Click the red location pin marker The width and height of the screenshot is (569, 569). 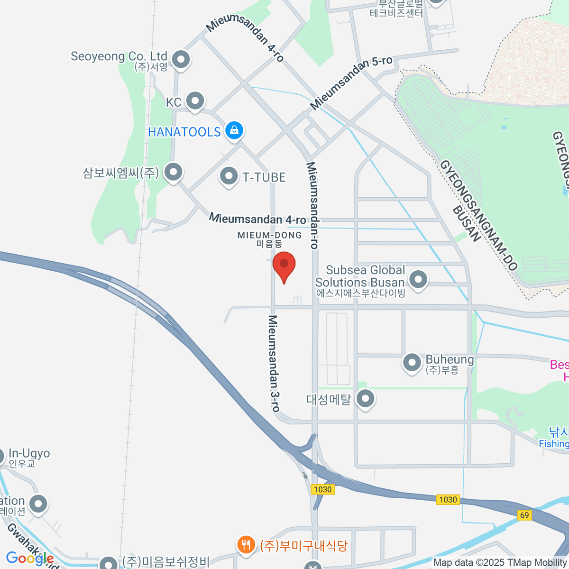tap(284, 265)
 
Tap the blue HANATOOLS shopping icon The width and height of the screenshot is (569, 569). tap(234, 130)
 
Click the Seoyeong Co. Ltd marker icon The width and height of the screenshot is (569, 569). tap(180, 60)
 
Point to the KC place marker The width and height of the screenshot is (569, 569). tap(194, 101)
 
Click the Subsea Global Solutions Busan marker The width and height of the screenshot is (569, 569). tap(418, 279)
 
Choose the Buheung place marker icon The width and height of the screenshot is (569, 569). tap(412, 363)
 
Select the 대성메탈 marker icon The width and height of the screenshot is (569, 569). tap(365, 399)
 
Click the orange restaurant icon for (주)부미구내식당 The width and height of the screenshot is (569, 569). tap(245, 544)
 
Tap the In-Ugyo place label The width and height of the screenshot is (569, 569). tap(28, 454)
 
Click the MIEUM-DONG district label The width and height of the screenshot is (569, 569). tap(269, 235)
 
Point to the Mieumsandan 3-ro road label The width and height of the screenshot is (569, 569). tap(274, 363)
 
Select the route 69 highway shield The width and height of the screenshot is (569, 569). tap(524, 515)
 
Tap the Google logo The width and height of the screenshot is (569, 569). tap(29, 558)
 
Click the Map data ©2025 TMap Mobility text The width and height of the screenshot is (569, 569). tap(500, 563)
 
